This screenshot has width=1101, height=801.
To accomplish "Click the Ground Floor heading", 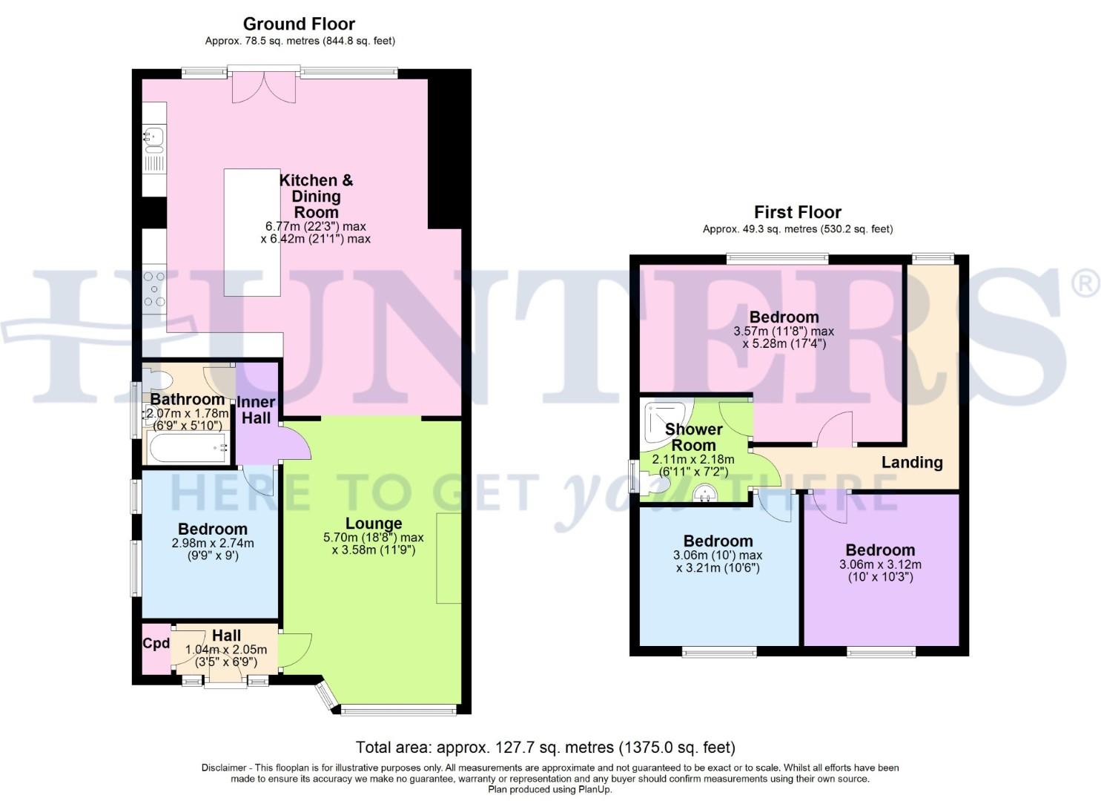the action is click(299, 24).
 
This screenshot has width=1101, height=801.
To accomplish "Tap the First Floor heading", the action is click(798, 212).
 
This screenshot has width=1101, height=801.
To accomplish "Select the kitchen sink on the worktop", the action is click(154, 139).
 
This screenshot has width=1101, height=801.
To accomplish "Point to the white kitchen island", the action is click(252, 233).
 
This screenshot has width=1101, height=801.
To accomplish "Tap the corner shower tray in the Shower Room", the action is click(667, 421).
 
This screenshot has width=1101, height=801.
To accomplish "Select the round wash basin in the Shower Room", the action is click(704, 492).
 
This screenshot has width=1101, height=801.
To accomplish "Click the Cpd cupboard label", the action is click(156, 643).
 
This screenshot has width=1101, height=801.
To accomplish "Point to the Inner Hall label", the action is click(256, 410).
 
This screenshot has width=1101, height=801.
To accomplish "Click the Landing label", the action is click(912, 462).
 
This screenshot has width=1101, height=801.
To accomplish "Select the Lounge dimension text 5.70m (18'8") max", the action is click(374, 538).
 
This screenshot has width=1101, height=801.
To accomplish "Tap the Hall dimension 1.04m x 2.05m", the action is click(226, 650).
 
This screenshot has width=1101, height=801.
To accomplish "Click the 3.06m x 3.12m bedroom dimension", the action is click(880, 564).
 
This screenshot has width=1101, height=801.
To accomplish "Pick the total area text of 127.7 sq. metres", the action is click(546, 748).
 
